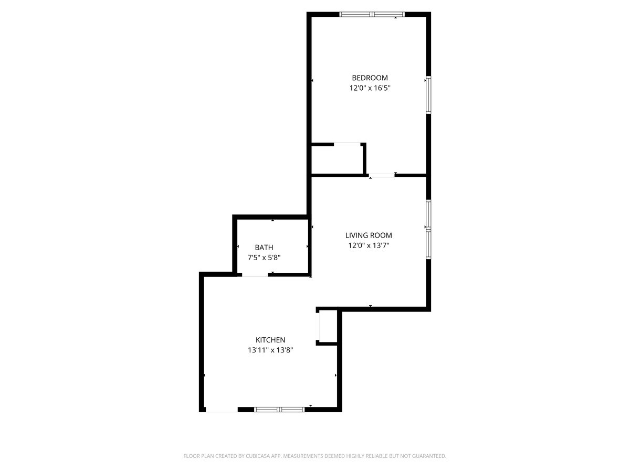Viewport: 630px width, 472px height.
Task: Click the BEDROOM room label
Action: pyautogui.click(x=370, y=78)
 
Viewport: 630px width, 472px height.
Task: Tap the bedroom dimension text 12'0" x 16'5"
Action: pyautogui.click(x=370, y=89)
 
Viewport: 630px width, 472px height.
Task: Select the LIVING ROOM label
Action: pyautogui.click(x=369, y=235)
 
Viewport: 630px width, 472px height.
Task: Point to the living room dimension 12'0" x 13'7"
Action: pyautogui.click(x=369, y=245)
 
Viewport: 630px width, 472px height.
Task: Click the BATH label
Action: pyautogui.click(x=264, y=248)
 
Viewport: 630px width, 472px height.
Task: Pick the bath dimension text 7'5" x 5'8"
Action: pyautogui.click(x=264, y=258)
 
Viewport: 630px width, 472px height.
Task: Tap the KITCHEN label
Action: pyautogui.click(x=270, y=340)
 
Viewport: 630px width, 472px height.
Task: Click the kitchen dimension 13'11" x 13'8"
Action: pyautogui.click(x=270, y=350)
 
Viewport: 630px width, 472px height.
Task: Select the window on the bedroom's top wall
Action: pyautogui.click(x=372, y=14)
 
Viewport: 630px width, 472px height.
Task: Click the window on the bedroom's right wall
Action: pyautogui.click(x=428, y=95)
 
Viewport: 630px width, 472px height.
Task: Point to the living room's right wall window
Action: pyautogui.click(x=428, y=229)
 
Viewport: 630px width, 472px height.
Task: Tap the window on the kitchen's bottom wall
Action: pyautogui.click(x=279, y=409)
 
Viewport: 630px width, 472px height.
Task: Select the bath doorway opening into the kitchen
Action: pyautogui.click(x=255, y=274)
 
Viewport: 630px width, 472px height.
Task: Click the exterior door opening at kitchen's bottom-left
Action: pyautogui.click(x=222, y=409)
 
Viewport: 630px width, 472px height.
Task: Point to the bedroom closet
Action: pyautogui.click(x=337, y=159)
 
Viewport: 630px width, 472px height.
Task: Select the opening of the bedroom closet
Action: pyautogui.click(x=347, y=143)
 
